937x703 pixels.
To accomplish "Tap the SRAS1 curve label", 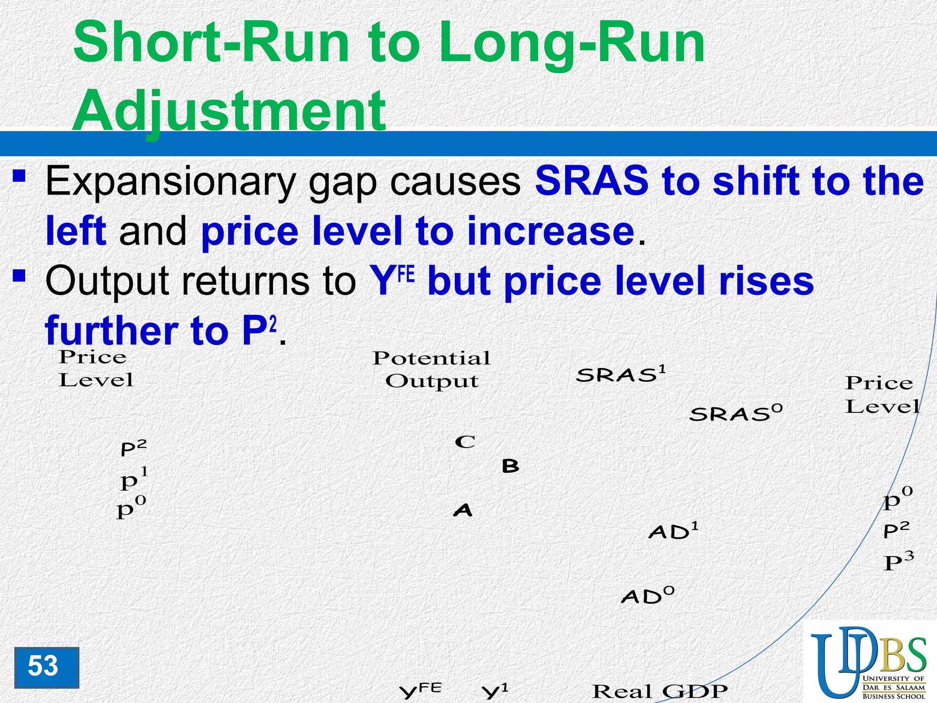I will click(x=620, y=374).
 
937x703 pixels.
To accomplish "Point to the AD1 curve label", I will click(x=673, y=531).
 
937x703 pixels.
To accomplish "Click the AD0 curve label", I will click(x=647, y=595).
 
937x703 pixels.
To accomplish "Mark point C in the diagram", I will click(x=465, y=442).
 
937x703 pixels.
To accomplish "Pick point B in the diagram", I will click(x=510, y=466).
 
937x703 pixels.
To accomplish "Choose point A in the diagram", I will click(x=463, y=509).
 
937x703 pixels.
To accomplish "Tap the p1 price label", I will click(x=134, y=479).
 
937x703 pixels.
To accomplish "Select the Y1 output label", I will click(x=495, y=691).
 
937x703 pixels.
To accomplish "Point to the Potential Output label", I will click(x=431, y=369).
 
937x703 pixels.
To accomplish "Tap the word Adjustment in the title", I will click(x=229, y=110).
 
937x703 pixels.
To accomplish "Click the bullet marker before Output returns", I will click(x=19, y=276).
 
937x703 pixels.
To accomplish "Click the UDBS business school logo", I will click(x=869, y=663).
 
